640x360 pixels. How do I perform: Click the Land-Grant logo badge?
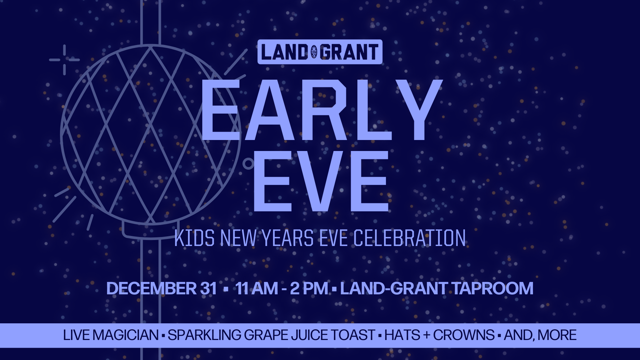[x=320, y=52]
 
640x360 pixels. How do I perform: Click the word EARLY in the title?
[x=322, y=110]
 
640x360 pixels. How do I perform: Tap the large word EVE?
[x=321, y=181]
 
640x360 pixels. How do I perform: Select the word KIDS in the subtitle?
[x=194, y=238]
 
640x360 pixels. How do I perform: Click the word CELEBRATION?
[x=409, y=238]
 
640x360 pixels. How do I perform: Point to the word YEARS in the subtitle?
[x=287, y=238]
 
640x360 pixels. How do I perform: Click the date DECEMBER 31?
[x=162, y=288]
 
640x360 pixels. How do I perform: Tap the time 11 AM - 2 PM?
[x=282, y=288]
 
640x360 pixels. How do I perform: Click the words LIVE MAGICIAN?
[x=111, y=335]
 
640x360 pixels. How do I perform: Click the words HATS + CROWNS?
[x=439, y=335]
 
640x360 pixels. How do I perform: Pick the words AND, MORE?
[x=540, y=335]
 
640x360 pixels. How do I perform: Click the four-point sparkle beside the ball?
[x=64, y=60]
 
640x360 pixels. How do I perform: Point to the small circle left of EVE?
[x=248, y=164]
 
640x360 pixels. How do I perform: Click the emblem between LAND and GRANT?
[x=314, y=52]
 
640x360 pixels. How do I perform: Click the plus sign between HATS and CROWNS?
[x=427, y=335]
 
